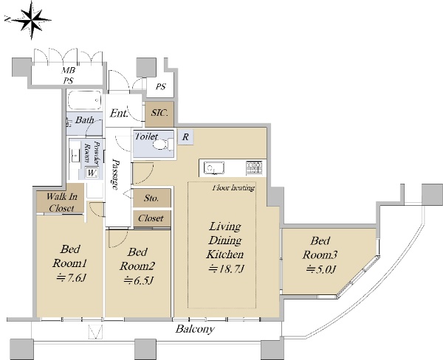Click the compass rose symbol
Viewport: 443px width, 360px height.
[x=30, y=20]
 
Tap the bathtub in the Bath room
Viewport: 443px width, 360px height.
[x=85, y=100]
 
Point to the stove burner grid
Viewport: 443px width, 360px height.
[x=254, y=167]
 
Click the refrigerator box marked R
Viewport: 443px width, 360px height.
[x=185, y=137]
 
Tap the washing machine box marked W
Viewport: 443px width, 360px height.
[x=92, y=173]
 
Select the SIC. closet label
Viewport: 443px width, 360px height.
[x=159, y=113]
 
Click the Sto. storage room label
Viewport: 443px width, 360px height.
[x=151, y=198]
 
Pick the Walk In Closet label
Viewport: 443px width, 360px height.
[x=61, y=202]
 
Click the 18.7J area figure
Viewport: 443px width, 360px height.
[x=226, y=269]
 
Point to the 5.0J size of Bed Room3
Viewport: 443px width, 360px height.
[x=320, y=269]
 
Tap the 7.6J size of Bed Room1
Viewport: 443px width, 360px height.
[x=71, y=278]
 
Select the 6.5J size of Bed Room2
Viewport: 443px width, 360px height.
[x=138, y=280]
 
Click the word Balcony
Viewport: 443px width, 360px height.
[x=195, y=329]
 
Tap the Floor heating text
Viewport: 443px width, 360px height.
[x=233, y=188]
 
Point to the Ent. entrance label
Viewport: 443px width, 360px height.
[x=119, y=114]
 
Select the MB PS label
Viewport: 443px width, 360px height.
[x=68, y=75]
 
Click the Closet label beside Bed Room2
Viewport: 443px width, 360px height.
[x=151, y=218]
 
